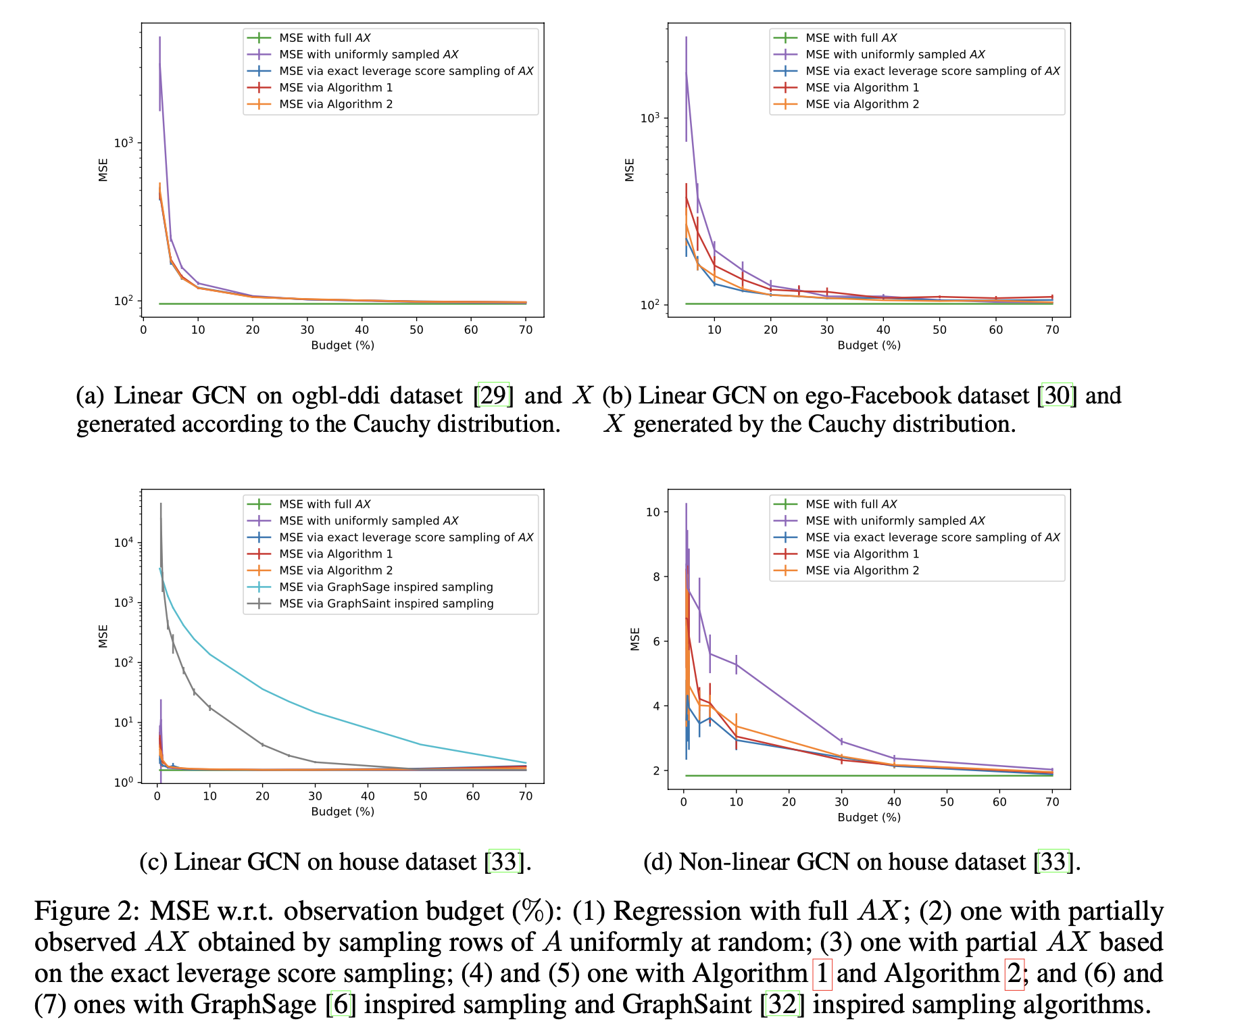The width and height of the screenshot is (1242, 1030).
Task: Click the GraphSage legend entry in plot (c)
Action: pos(386,587)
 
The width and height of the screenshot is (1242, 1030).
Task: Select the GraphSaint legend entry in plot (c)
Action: pos(386,604)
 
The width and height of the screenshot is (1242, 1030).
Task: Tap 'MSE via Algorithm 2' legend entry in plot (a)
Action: pos(336,104)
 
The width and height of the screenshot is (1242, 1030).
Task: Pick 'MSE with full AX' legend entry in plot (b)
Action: pos(851,38)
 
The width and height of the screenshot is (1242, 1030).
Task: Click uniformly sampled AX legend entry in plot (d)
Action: pos(895,520)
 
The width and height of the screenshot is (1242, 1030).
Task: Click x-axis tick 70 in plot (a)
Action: pos(525,330)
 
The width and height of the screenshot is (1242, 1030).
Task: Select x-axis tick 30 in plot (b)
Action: pos(826,330)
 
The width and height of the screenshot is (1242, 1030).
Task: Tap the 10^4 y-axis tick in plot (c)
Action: pos(124,543)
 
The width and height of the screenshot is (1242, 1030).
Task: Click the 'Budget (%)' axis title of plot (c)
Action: pos(343,811)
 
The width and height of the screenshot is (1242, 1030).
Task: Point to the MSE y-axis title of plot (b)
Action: pos(629,170)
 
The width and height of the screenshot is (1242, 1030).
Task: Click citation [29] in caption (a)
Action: pos(493,395)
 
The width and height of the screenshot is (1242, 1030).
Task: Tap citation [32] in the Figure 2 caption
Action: pos(783,1004)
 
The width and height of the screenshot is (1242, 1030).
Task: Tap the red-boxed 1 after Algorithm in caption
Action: pos(822,973)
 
